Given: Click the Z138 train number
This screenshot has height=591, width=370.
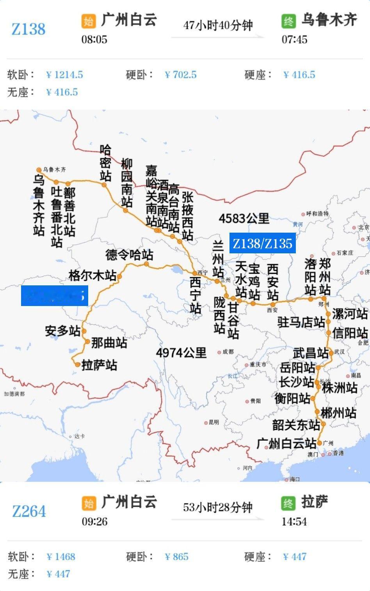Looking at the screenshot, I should coord(28,29).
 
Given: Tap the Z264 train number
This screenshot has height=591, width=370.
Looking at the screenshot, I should coord(29,511).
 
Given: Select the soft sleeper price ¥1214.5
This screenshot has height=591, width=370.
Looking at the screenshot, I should coord(64,75).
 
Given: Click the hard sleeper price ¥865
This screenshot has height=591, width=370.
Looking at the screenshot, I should coord(176,557).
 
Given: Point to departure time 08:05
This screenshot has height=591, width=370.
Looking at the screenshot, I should coord(94,39).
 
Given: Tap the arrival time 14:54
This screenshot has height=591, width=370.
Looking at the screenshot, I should coord(294,522).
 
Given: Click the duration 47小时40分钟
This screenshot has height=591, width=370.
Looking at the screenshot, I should coord(218,26).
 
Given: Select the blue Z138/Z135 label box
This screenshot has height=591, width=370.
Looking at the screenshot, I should coord(262,244).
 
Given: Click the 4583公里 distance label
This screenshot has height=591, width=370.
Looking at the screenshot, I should coord(244,218).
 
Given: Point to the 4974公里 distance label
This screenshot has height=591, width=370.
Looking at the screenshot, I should coord(181,353).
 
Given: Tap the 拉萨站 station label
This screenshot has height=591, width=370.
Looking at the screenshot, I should coord(99,365).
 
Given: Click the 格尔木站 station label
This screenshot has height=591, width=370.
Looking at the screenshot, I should coord(92,275).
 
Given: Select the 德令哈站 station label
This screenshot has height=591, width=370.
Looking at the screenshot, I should coord(129,255).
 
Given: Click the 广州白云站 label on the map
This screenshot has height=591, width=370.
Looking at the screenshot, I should coord(286,443).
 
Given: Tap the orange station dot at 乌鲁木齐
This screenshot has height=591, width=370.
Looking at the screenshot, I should coord(39,170).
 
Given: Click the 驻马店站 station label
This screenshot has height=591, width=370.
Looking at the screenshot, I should coord(301,322).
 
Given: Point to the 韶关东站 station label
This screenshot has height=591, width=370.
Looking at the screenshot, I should coord(296,424).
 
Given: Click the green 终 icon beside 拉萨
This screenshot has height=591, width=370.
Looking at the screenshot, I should coord(288,503).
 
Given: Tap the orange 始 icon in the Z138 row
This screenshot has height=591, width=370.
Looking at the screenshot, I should coord(89,21).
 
